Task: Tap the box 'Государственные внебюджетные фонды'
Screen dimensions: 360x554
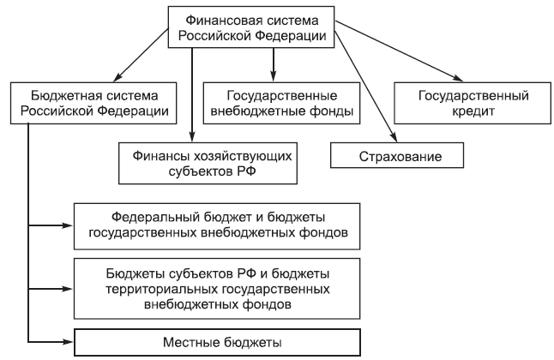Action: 280,100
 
